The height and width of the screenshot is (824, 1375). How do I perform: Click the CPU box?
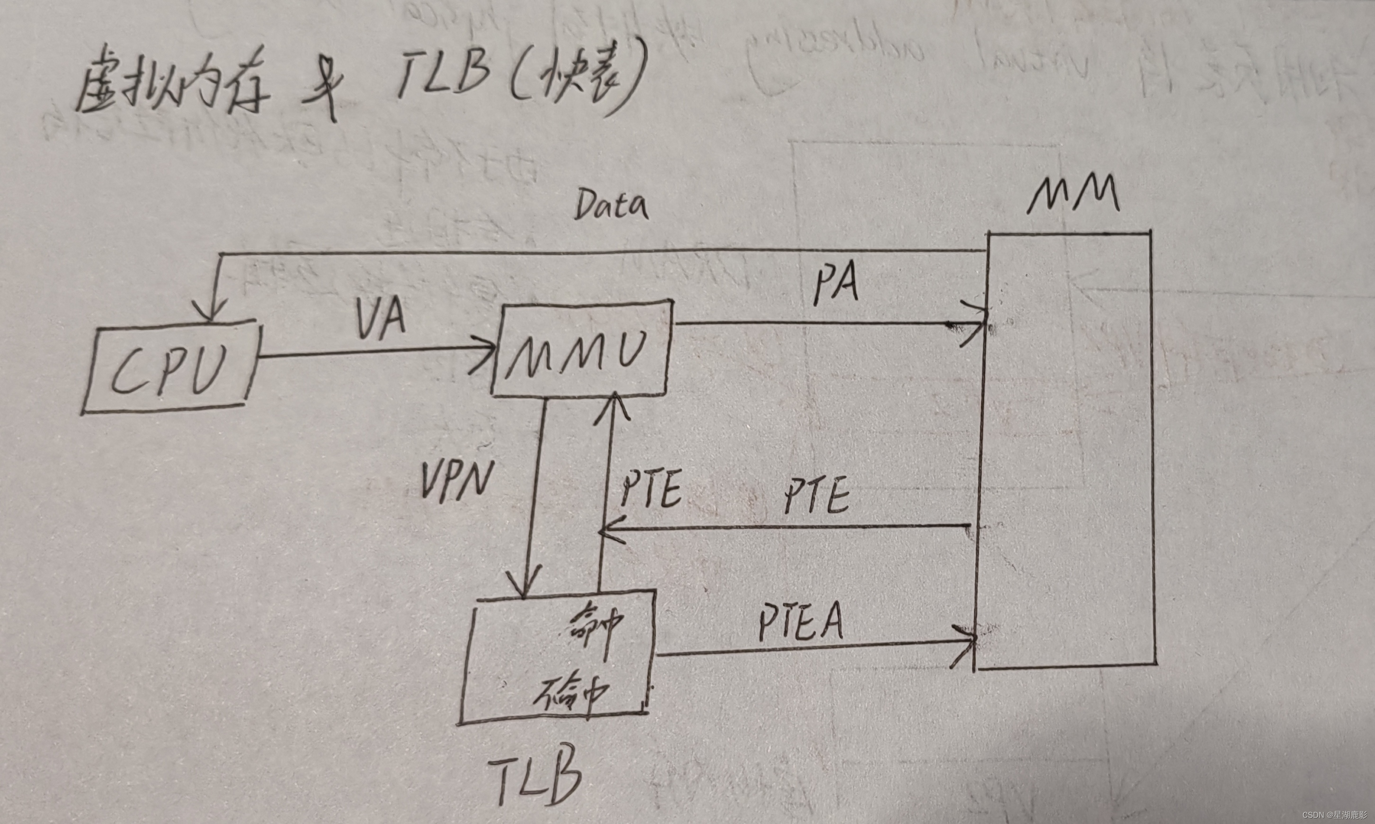(x=171, y=367)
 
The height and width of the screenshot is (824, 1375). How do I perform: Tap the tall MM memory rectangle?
(x=1066, y=450)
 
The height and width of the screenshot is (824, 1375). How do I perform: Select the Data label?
(x=611, y=206)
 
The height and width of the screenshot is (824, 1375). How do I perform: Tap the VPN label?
(x=456, y=481)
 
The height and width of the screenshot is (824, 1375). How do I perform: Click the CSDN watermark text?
(x=1337, y=815)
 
